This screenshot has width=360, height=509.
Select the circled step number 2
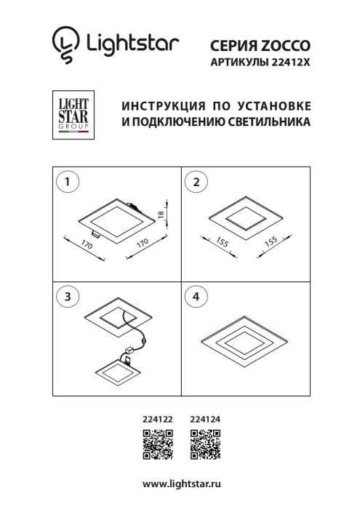195,183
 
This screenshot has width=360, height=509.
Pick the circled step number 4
195,297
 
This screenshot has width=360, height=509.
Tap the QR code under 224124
206,444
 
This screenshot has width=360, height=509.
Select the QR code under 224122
157,444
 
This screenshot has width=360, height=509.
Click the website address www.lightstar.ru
181,484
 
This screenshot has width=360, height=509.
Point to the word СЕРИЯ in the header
229,46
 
